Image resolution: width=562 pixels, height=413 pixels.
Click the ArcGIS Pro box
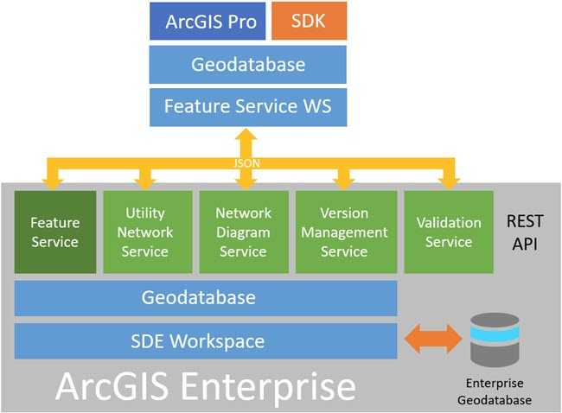click(210, 22)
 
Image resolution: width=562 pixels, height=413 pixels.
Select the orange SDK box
click(309, 22)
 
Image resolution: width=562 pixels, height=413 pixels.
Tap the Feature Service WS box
click(247, 107)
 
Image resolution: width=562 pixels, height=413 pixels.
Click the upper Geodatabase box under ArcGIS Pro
click(247, 65)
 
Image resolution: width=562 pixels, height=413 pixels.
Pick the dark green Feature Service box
click(55, 232)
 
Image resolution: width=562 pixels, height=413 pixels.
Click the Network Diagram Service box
click(243, 232)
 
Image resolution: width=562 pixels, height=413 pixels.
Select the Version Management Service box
click(344, 232)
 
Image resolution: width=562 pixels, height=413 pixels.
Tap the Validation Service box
click(448, 232)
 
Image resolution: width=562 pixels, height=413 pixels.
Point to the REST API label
click(524, 232)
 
